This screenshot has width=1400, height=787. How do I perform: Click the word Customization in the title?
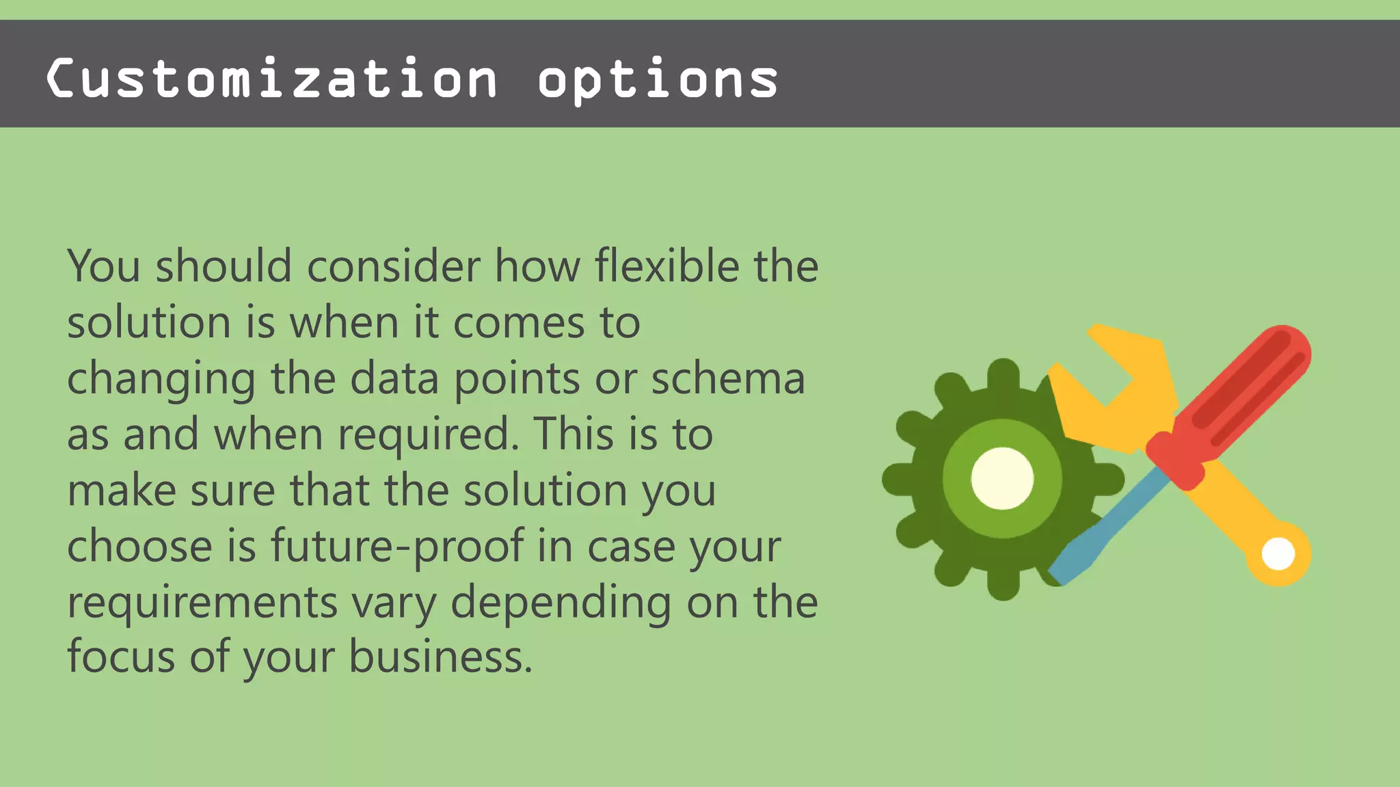(271, 79)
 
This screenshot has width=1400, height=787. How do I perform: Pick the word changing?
(161, 380)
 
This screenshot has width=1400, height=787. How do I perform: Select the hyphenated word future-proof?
(397, 547)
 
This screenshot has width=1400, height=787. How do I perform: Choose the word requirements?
(202, 603)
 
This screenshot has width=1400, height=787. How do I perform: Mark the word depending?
(561, 603)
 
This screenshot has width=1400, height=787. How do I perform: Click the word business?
(440, 657)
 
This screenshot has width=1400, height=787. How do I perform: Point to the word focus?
(121, 657)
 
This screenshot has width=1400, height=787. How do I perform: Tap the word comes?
(519, 322)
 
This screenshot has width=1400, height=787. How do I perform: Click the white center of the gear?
(1002, 478)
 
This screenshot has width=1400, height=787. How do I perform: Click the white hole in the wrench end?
(1278, 553)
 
